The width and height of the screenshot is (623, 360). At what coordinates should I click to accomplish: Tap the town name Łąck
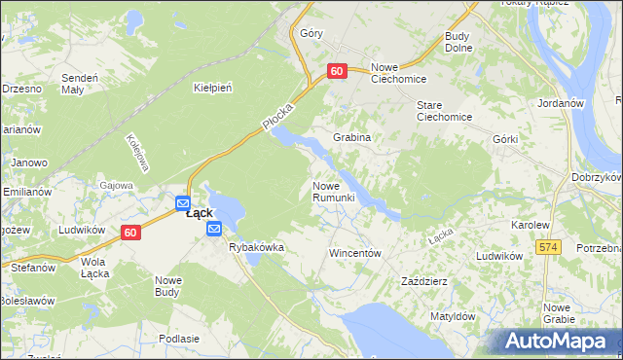click(x=200, y=213)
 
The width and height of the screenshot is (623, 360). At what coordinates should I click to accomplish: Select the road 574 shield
click(x=549, y=248)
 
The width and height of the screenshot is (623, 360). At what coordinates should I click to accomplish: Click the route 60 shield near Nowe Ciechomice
click(x=337, y=71)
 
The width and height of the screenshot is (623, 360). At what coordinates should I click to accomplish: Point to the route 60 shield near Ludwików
click(x=131, y=233)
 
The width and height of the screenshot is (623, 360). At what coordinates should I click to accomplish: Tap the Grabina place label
click(x=352, y=137)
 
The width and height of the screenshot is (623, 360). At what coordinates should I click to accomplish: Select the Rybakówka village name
click(x=256, y=247)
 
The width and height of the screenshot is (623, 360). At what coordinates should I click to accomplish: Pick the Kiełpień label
click(x=212, y=88)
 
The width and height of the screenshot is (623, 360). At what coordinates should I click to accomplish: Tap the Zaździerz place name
click(x=424, y=281)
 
